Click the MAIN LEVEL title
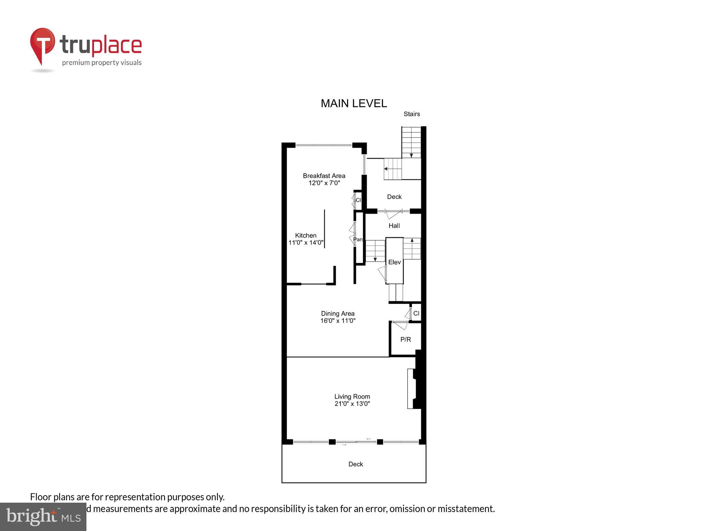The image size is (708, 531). click(x=354, y=103)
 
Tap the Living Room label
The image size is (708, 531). click(x=352, y=397)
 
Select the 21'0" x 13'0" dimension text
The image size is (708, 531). click(x=352, y=404)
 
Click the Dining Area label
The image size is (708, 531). click(x=338, y=314)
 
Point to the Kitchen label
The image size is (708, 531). click(x=306, y=235)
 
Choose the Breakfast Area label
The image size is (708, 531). click(x=324, y=176)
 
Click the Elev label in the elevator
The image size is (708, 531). click(x=394, y=262)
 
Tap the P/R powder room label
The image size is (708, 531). click(x=406, y=339)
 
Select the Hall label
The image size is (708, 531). click(x=394, y=226)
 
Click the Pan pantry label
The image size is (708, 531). click(x=358, y=239)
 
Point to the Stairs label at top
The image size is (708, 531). click(x=412, y=114)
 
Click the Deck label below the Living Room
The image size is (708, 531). click(x=355, y=464)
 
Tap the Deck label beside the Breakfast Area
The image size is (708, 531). click(x=394, y=197)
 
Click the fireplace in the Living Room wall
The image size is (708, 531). click(x=412, y=389)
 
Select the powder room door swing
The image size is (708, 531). click(x=400, y=325)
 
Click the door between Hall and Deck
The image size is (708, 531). click(x=393, y=214)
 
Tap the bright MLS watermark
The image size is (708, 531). click(x=43, y=516)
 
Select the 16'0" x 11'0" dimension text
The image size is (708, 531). click(x=338, y=321)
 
